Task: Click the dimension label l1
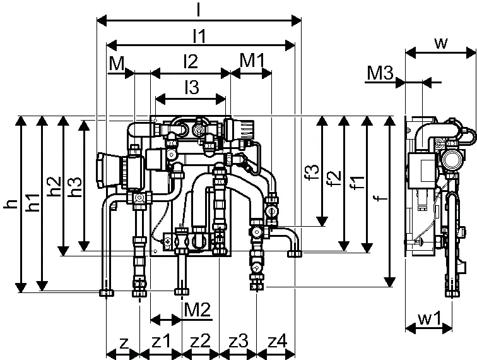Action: [x=199, y=36]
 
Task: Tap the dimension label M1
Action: [x=252, y=60]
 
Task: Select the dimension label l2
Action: [x=191, y=61]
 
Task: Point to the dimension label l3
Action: [x=192, y=87]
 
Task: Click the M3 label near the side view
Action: [x=380, y=73]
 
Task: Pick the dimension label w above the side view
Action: [x=441, y=43]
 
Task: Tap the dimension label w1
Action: [x=430, y=318]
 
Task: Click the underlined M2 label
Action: [x=197, y=310]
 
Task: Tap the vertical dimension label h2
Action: [x=55, y=186]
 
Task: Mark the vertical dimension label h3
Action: [x=75, y=186]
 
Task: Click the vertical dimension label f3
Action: [x=313, y=172]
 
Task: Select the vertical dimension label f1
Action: [x=357, y=182]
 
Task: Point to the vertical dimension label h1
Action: [x=33, y=203]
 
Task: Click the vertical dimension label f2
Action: [x=334, y=179]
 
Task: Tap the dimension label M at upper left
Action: [x=117, y=63]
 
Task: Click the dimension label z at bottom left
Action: [x=123, y=343]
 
